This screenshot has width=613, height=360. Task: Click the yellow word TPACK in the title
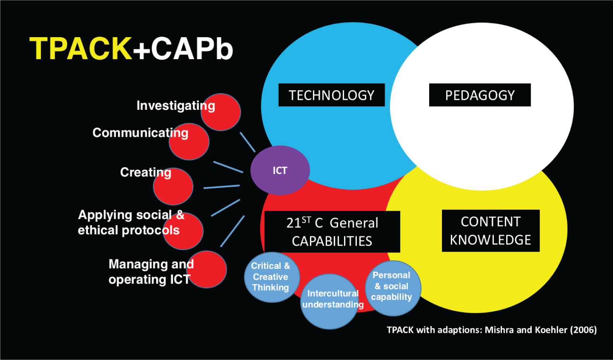point(81,48)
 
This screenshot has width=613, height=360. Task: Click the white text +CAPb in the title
point(183,48)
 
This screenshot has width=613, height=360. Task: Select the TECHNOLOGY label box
point(331,95)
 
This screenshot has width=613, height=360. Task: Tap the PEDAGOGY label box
point(480,95)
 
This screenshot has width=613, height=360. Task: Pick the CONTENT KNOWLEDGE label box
point(491,231)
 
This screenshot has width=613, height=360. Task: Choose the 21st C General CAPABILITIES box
point(332,232)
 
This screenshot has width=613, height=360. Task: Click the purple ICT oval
point(280,170)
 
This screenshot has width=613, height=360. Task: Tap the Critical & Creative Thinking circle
point(272,277)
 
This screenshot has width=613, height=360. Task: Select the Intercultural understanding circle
point(330,302)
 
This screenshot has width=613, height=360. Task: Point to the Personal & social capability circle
point(393,288)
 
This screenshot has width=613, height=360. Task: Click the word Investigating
point(176,106)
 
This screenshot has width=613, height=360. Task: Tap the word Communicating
point(140,133)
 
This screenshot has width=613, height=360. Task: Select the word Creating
point(146,172)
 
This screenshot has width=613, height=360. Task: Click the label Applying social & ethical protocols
point(131,222)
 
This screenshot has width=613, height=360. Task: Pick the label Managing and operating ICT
point(151,272)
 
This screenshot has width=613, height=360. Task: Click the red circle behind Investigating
point(221,112)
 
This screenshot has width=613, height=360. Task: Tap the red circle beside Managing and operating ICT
point(207,270)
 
